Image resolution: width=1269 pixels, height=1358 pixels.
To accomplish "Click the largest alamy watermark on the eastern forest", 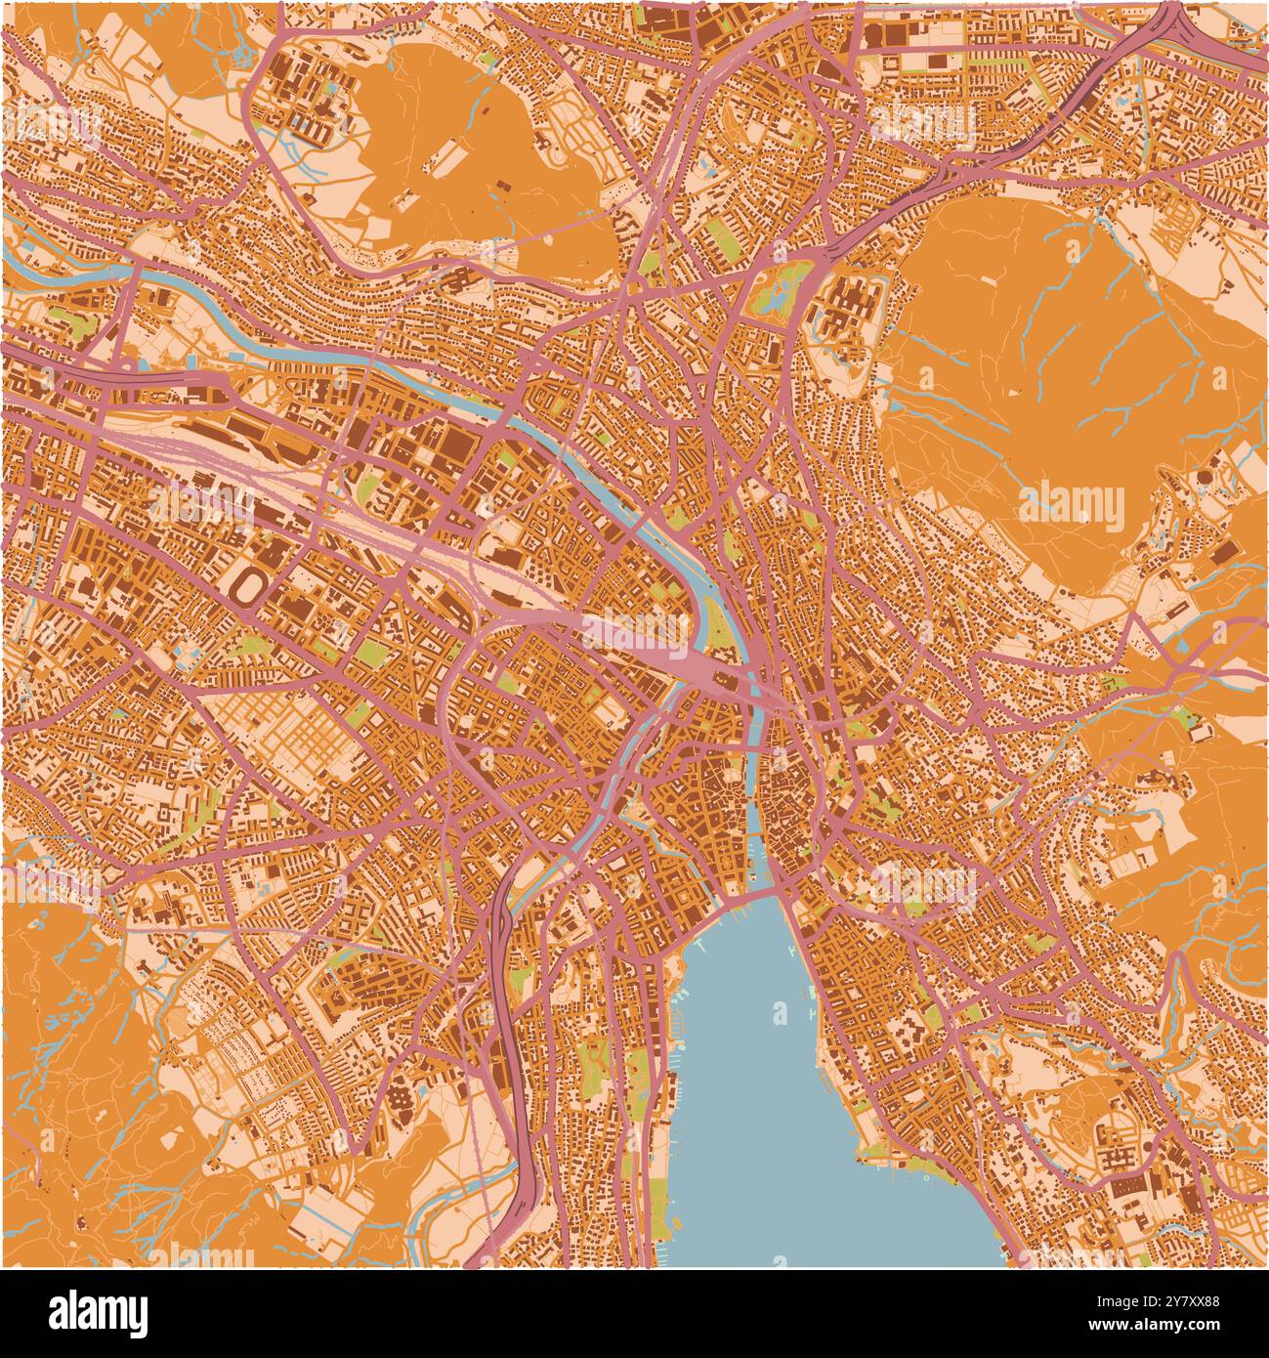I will pyautogui.click(x=1072, y=503).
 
